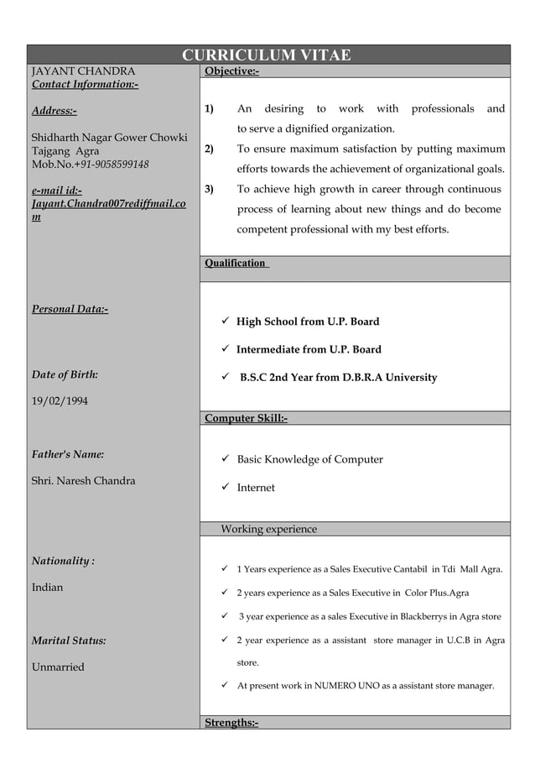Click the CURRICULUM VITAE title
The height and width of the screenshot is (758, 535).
click(x=267, y=55)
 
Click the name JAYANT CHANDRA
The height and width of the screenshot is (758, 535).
click(x=83, y=71)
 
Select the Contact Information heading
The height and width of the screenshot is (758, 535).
click(x=85, y=85)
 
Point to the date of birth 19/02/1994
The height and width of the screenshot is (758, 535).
click(x=60, y=401)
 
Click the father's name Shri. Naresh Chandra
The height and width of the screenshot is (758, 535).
click(x=83, y=481)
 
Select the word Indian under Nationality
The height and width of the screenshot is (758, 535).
click(x=47, y=588)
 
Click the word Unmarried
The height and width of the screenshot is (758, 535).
click(x=58, y=667)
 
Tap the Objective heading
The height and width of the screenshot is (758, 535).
click(x=231, y=71)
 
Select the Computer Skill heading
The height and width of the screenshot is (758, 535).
click(x=246, y=418)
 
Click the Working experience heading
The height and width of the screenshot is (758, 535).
click(x=268, y=530)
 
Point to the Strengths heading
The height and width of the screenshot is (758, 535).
click(x=231, y=723)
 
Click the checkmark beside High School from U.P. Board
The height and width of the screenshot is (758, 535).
click(x=225, y=321)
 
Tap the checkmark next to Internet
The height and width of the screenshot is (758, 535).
click(x=225, y=488)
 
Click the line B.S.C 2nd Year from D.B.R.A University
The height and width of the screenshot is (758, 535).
click(x=338, y=378)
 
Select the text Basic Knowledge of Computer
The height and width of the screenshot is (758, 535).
click(x=309, y=460)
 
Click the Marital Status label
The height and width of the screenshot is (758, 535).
click(x=69, y=641)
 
